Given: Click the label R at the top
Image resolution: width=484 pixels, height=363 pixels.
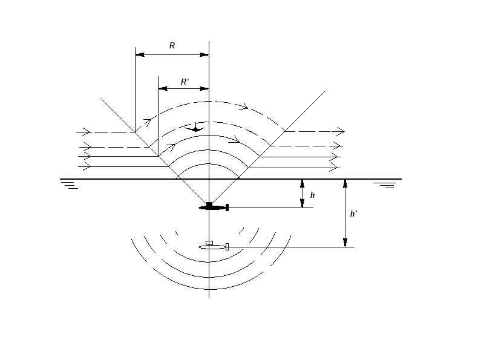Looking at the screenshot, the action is pos(172,46).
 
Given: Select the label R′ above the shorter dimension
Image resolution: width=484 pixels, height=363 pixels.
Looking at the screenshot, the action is pos(185,82).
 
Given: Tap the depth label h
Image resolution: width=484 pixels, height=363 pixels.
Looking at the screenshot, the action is pos(312,195).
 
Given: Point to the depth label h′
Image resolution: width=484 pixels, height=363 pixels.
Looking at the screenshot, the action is pos(354,214).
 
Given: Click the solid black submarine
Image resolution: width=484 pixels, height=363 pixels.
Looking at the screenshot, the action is pos(214,207).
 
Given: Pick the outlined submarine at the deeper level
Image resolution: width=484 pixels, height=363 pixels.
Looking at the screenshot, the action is pos(214,246).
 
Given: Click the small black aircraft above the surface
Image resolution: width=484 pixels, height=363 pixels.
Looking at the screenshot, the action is pos(195,128).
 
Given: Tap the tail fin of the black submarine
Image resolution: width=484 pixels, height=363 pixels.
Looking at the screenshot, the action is pos(227,208).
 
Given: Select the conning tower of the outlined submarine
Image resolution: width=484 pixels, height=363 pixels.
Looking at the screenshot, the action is pos(209,243).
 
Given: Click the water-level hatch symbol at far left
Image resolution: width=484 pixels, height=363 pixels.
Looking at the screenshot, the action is pos(70,185).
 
